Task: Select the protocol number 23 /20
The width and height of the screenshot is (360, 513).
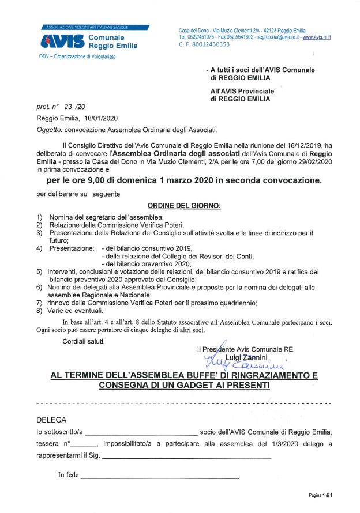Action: click(x=75, y=107)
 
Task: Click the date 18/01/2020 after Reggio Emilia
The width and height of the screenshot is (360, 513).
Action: click(x=92, y=118)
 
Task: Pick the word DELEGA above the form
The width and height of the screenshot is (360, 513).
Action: click(x=51, y=420)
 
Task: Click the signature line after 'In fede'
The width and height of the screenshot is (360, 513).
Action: click(x=160, y=478)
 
